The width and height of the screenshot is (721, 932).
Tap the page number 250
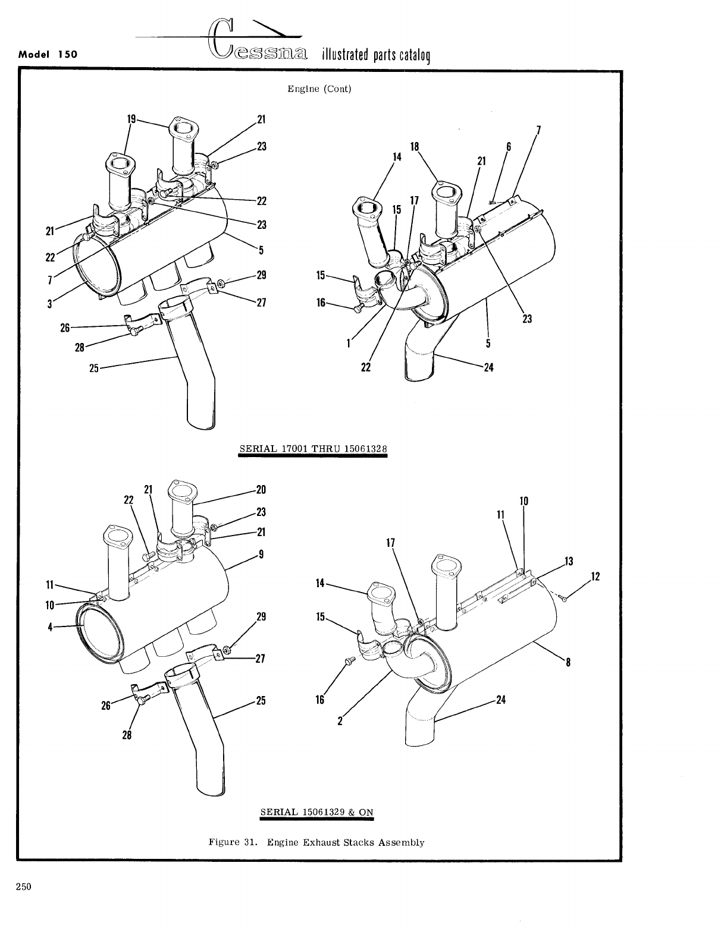(23, 887)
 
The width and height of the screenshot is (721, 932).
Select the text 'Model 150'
(49, 54)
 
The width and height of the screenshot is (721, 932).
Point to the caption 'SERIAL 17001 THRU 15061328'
(313, 448)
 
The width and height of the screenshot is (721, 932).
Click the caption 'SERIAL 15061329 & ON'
(316, 812)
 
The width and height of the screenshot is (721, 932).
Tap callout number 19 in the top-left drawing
(131, 119)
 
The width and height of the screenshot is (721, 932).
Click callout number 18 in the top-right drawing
(415, 146)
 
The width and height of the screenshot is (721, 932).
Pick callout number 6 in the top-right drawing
(509, 147)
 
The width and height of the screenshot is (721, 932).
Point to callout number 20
(260, 490)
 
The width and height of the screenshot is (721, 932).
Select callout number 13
(569, 561)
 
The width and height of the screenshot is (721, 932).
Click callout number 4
(51, 626)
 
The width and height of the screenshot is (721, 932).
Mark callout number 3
(51, 304)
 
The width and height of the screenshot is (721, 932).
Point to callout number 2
(340, 722)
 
